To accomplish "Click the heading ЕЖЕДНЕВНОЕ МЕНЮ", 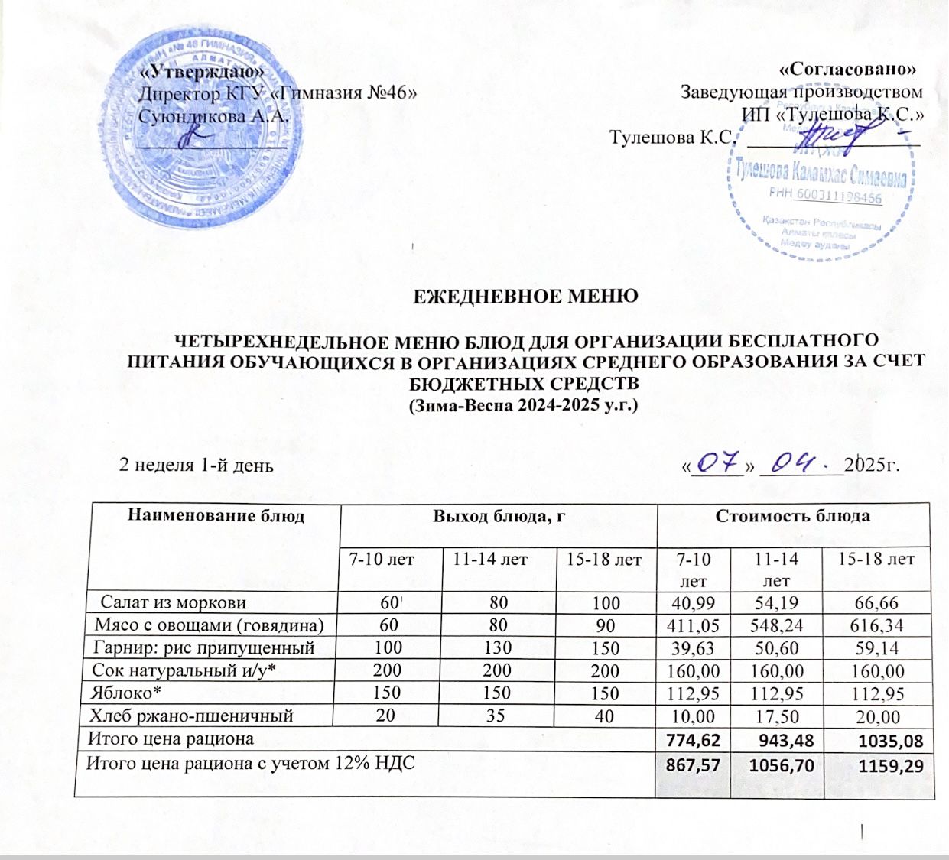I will point(525,296).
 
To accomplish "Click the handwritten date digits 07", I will point(717,462).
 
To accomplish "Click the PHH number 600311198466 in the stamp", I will point(837,198).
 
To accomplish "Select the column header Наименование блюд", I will point(216,516).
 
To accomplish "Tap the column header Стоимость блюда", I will point(793,516).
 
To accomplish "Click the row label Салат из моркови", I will point(174,602).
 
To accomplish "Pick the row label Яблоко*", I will point(116,693).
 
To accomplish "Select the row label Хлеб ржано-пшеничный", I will point(191,716).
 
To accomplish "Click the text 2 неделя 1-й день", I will point(197,466).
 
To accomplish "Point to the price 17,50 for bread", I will point(774,717).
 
